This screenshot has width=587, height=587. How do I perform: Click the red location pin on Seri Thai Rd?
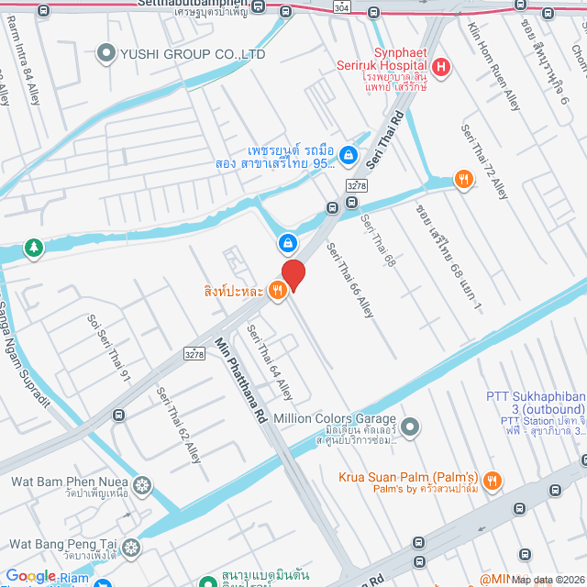(x=293, y=274)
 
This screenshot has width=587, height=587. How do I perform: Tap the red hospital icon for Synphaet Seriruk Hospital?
(x=441, y=67)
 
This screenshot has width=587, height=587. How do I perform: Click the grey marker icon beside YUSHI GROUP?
(x=108, y=54)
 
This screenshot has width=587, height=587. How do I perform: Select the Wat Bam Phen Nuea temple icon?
(x=141, y=484)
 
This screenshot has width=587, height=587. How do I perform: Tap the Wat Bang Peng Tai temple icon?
(x=132, y=548)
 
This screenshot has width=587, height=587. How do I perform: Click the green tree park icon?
(x=33, y=248)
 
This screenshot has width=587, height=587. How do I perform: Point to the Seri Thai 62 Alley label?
(x=178, y=425)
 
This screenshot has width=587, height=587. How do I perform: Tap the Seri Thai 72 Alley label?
(x=484, y=161)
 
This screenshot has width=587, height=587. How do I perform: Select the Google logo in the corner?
(x=30, y=576)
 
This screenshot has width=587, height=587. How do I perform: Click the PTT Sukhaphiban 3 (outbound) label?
(x=536, y=403)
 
